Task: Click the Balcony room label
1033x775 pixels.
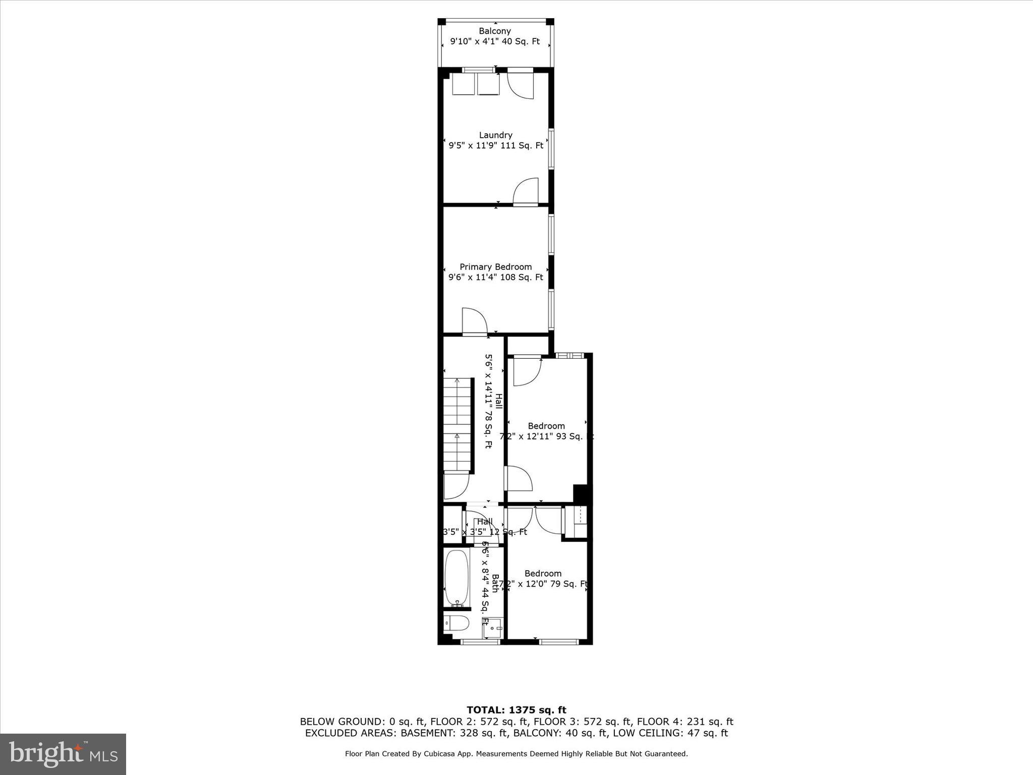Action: pos(495,31)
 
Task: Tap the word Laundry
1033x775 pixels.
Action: pos(495,135)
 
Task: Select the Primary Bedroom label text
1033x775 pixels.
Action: pos(495,267)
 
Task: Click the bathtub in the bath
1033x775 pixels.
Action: pos(457,578)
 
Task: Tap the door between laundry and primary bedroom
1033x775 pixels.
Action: pos(526,192)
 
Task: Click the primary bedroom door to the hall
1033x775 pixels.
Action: pos(474,321)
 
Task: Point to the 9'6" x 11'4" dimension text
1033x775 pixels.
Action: pos(495,277)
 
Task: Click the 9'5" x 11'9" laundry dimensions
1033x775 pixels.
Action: pos(495,146)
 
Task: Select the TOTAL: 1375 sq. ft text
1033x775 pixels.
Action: pos(516,710)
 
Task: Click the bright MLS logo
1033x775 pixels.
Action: pos(63,754)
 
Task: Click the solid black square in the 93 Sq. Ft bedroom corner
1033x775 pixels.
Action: pos(580,493)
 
